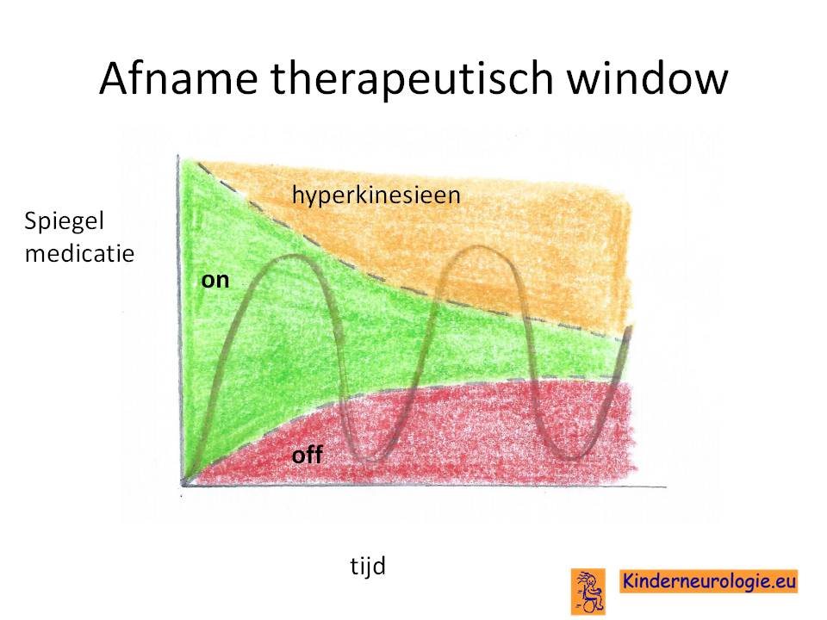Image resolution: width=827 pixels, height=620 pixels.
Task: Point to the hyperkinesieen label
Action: pyautogui.click(x=376, y=195)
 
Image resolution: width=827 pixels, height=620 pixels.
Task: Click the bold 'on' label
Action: pyautogui.click(x=215, y=280)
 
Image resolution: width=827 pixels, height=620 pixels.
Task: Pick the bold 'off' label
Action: pyautogui.click(x=307, y=455)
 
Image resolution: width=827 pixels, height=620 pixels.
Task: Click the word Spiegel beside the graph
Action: pyautogui.click(x=64, y=221)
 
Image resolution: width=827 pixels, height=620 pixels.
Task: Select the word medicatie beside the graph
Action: pyautogui.click(x=79, y=253)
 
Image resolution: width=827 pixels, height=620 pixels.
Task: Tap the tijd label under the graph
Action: pyautogui.click(x=368, y=567)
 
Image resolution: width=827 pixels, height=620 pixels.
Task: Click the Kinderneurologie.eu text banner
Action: pyautogui.click(x=708, y=581)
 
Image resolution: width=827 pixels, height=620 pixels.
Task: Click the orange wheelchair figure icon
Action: pyautogui.click(x=588, y=592)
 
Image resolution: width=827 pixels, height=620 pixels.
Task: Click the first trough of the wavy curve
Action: pyautogui.click(x=370, y=460)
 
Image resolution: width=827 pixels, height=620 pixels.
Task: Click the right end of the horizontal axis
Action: pyautogui.click(x=666, y=487)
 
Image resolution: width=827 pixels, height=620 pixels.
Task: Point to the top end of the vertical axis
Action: pyautogui.click(x=178, y=156)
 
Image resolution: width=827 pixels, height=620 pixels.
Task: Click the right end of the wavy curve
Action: pyautogui.click(x=631, y=327)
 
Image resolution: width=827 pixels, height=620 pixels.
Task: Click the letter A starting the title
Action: pyautogui.click(x=115, y=77)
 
